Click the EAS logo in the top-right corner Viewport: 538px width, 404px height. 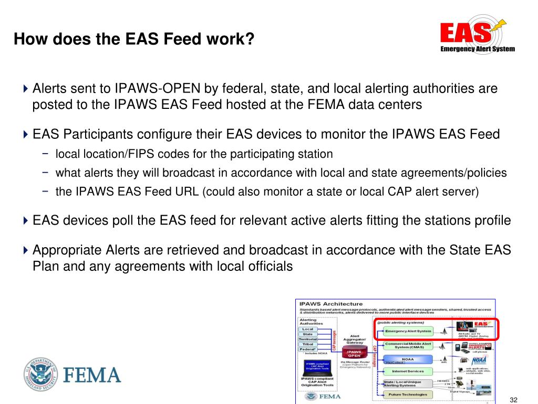pos(477,35)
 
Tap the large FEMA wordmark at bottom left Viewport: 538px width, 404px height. pos(92,376)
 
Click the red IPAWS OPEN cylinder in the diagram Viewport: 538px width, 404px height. pos(354,353)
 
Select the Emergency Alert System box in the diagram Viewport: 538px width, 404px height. pos(408,331)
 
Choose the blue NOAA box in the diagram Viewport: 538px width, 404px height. pos(408,359)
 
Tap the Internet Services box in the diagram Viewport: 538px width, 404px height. pos(408,371)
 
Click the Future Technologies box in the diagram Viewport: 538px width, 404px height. pos(408,394)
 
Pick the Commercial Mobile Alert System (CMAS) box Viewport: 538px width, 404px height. pos(408,345)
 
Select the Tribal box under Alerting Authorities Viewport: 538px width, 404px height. pos(308,344)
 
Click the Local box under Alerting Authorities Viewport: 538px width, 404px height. pos(308,329)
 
